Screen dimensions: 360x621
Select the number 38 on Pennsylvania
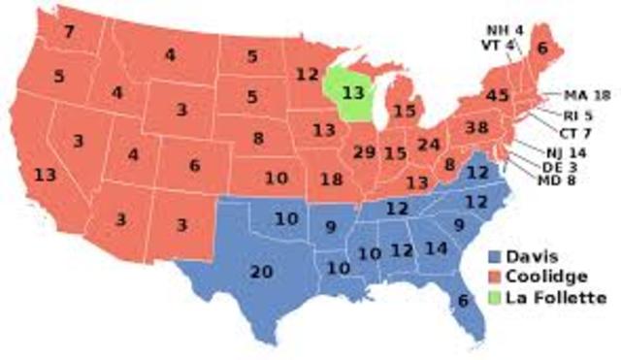(x=475, y=127)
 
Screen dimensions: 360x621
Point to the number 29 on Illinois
(x=365, y=152)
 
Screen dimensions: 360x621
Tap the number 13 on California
(x=45, y=176)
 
